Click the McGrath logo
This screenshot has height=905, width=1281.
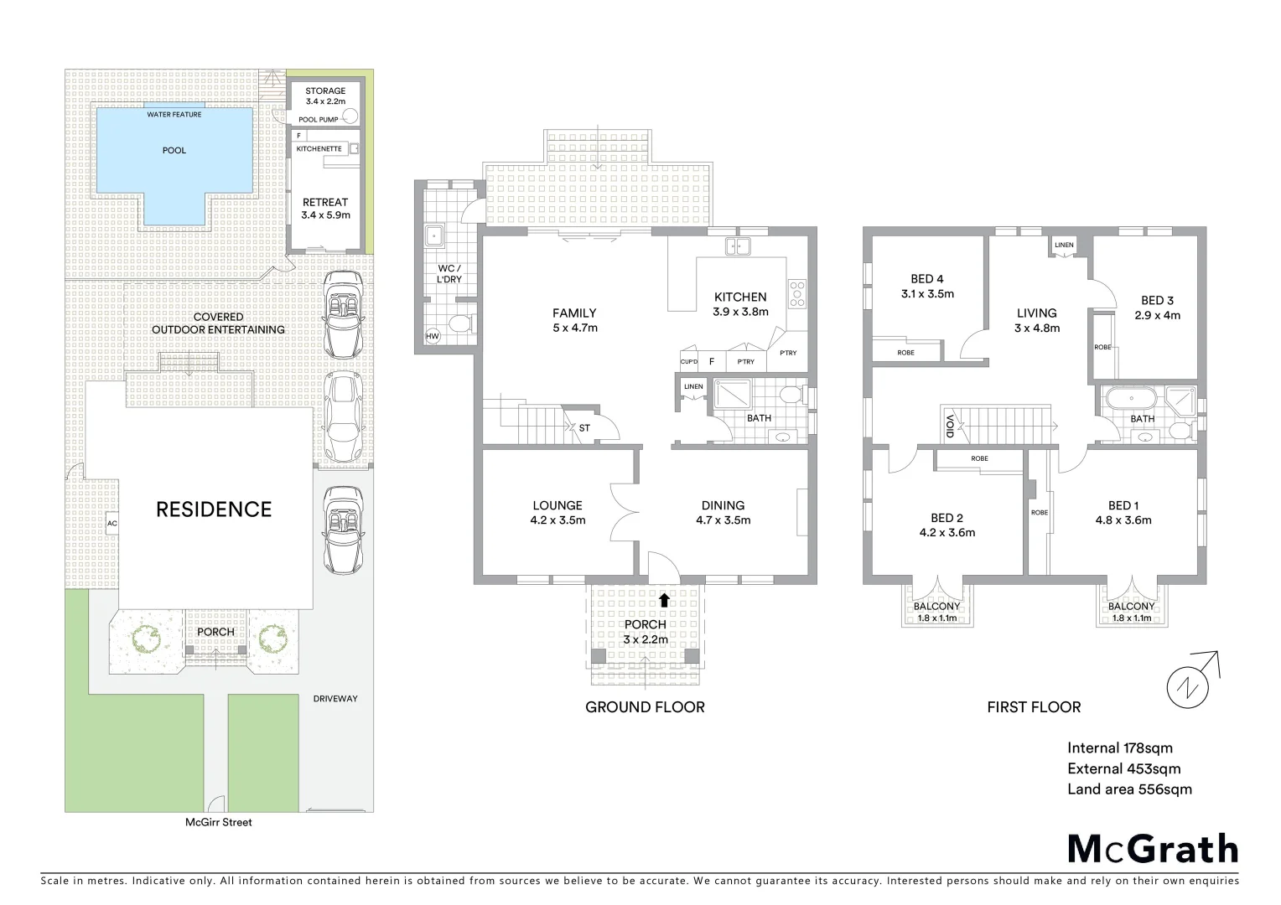pyautogui.click(x=1153, y=849)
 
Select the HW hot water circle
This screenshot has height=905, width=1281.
pyautogui.click(x=433, y=337)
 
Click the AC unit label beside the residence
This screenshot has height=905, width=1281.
pyautogui.click(x=112, y=524)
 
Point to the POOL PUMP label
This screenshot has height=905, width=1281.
pyautogui.click(x=319, y=120)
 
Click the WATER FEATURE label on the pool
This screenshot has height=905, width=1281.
pyautogui.click(x=174, y=115)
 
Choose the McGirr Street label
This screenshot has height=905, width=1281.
pyautogui.click(x=219, y=822)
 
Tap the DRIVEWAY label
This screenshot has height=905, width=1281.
pyautogui.click(x=335, y=699)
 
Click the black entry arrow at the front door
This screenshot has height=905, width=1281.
pyautogui.click(x=664, y=599)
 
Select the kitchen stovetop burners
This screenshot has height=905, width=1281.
pyautogui.click(x=796, y=292)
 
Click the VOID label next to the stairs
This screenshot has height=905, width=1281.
pyautogui.click(x=950, y=427)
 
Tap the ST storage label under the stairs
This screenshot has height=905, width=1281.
pyautogui.click(x=584, y=428)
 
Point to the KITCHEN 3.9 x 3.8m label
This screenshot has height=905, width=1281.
pyautogui.click(x=740, y=303)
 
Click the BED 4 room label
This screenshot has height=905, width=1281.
pyautogui.click(x=927, y=286)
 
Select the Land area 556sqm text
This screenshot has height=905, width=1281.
pyautogui.click(x=1129, y=789)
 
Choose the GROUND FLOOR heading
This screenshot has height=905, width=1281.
pyautogui.click(x=645, y=707)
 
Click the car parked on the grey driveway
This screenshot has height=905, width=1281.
pyautogui.click(x=342, y=530)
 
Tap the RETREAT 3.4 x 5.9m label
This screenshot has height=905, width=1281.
pyautogui.click(x=325, y=208)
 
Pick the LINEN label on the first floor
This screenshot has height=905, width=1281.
pyautogui.click(x=1064, y=246)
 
